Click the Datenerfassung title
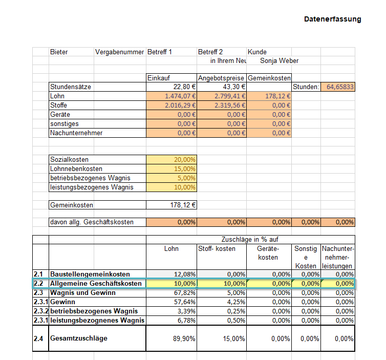click(x=332, y=19)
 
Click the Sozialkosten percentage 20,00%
click(x=185, y=160)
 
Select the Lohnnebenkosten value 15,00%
click(x=185, y=169)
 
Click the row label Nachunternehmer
click(x=76, y=133)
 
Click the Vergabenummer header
click(x=119, y=52)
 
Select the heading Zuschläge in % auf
click(x=250, y=239)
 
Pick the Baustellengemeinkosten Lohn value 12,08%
click(x=185, y=274)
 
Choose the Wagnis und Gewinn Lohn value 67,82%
click(x=185, y=293)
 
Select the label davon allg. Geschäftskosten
click(x=92, y=223)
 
